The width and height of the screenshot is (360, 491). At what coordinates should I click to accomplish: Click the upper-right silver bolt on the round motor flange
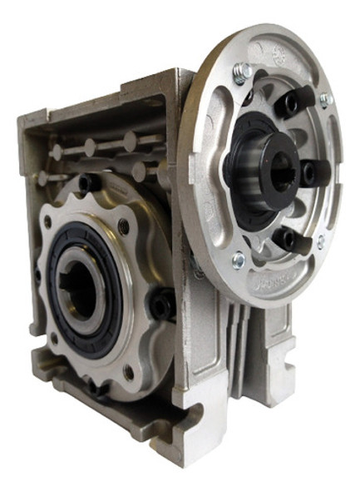pyautogui.click(x=325, y=99)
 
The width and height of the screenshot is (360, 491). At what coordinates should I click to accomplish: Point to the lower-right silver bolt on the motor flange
pyautogui.click(x=321, y=242)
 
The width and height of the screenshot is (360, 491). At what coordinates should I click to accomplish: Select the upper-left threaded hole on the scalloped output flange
pyautogui.click(x=48, y=223)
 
